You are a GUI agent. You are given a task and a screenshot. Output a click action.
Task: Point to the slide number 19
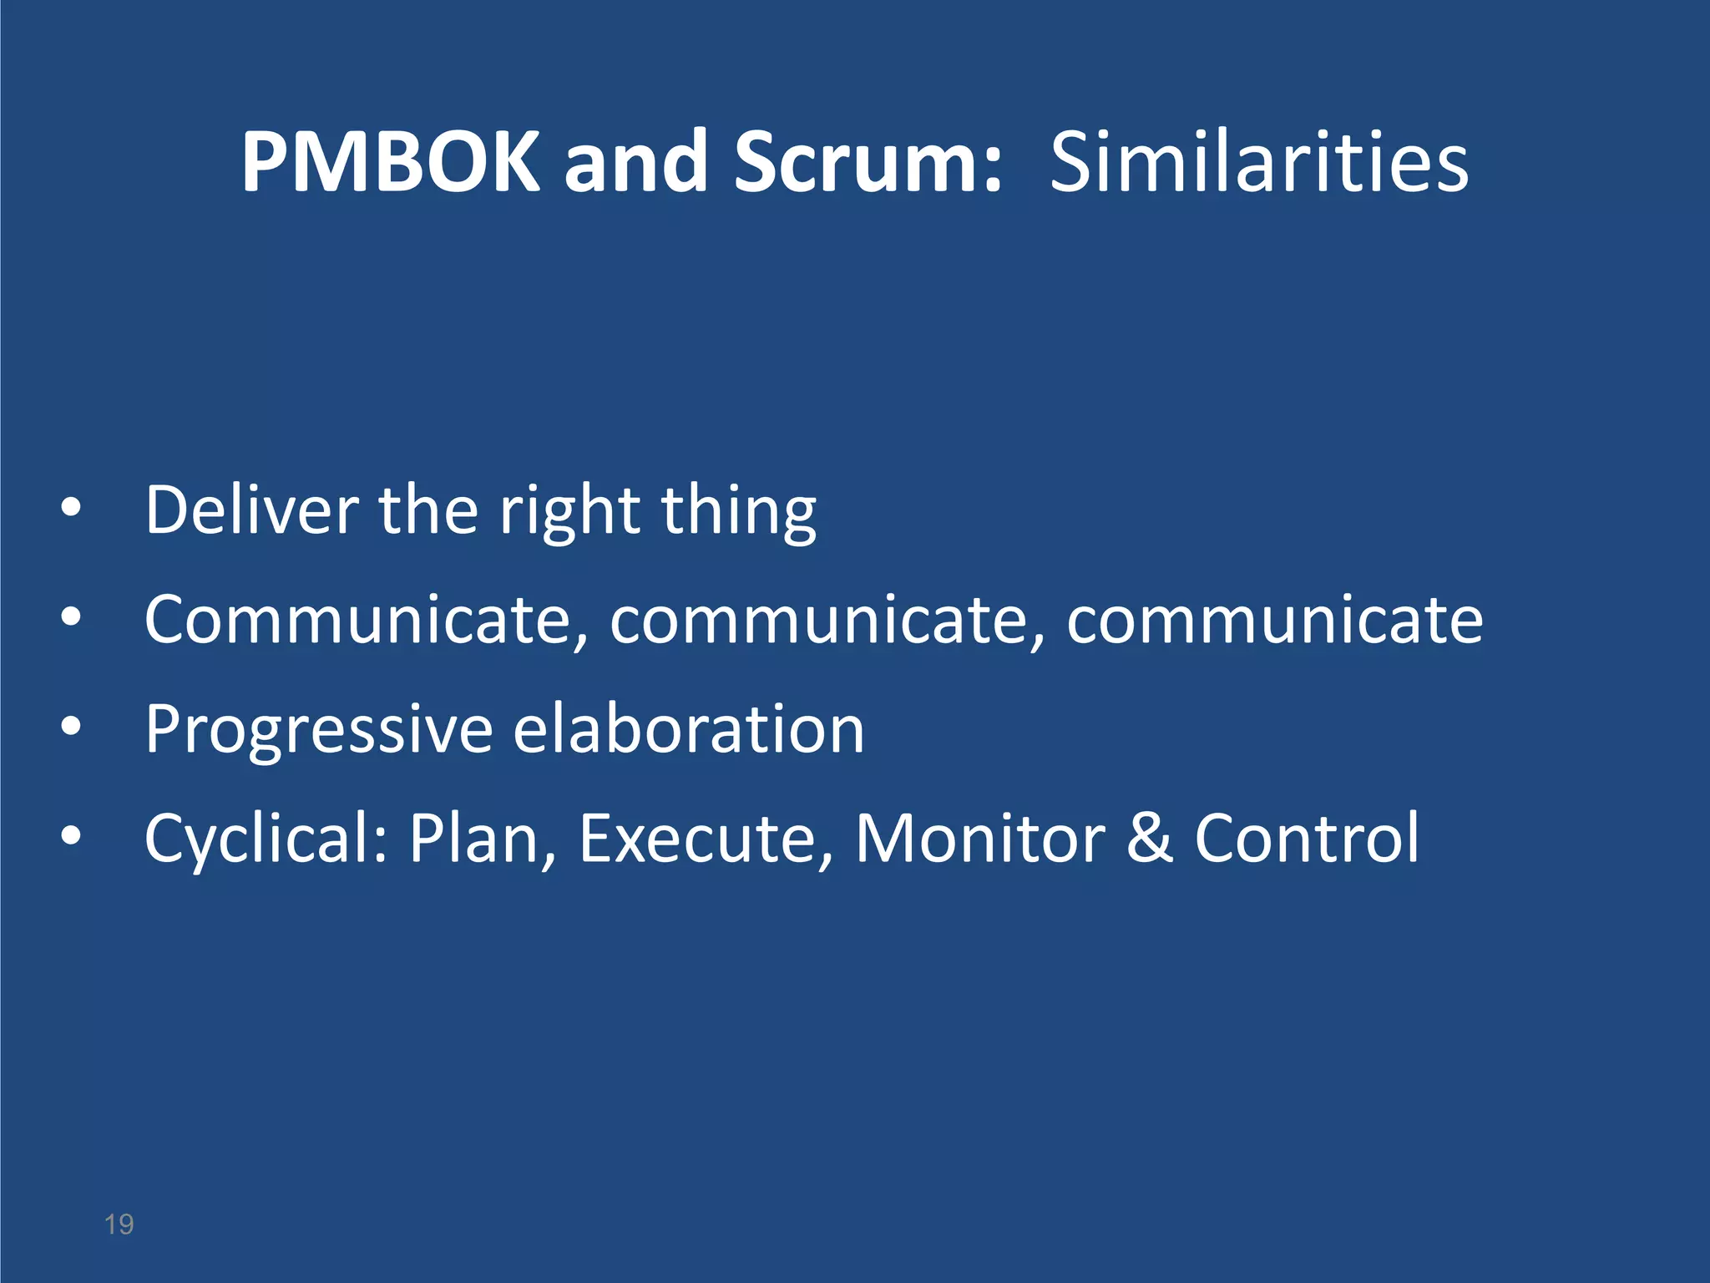pyautogui.click(x=119, y=1225)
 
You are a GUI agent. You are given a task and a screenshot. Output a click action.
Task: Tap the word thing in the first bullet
pyautogui.click(x=739, y=511)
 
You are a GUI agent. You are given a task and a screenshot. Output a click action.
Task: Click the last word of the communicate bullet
pyautogui.click(x=1275, y=620)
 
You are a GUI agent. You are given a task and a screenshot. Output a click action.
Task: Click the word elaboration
pyautogui.click(x=688, y=728)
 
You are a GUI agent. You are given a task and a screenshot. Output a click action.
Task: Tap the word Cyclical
pyautogui.click(x=266, y=839)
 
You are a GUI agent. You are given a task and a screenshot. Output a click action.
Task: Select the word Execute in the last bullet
pyautogui.click(x=706, y=838)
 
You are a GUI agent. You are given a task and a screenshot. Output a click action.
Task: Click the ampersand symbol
pyautogui.click(x=1150, y=838)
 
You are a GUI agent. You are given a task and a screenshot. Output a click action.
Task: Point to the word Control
pyautogui.click(x=1307, y=838)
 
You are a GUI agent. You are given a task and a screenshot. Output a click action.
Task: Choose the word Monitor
pyautogui.click(x=979, y=838)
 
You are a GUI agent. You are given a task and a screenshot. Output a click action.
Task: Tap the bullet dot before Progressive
pyautogui.click(x=71, y=727)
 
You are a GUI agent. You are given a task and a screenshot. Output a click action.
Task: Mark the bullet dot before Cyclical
pyautogui.click(x=71, y=835)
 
